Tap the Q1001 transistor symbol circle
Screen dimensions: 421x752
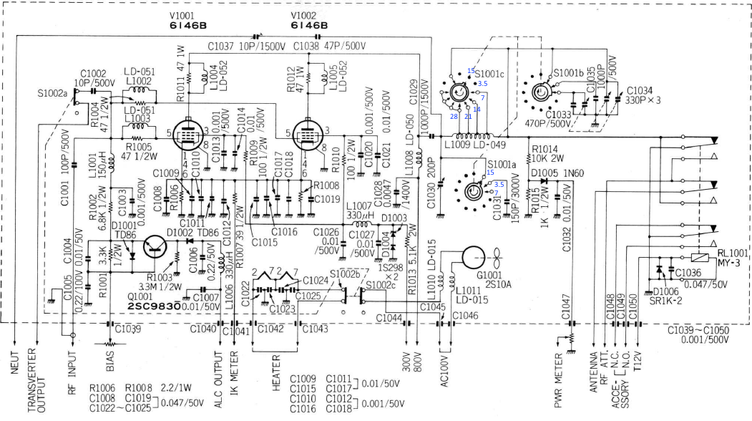point(156,247)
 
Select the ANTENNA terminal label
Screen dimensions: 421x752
point(592,375)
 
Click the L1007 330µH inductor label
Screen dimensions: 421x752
point(360,210)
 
